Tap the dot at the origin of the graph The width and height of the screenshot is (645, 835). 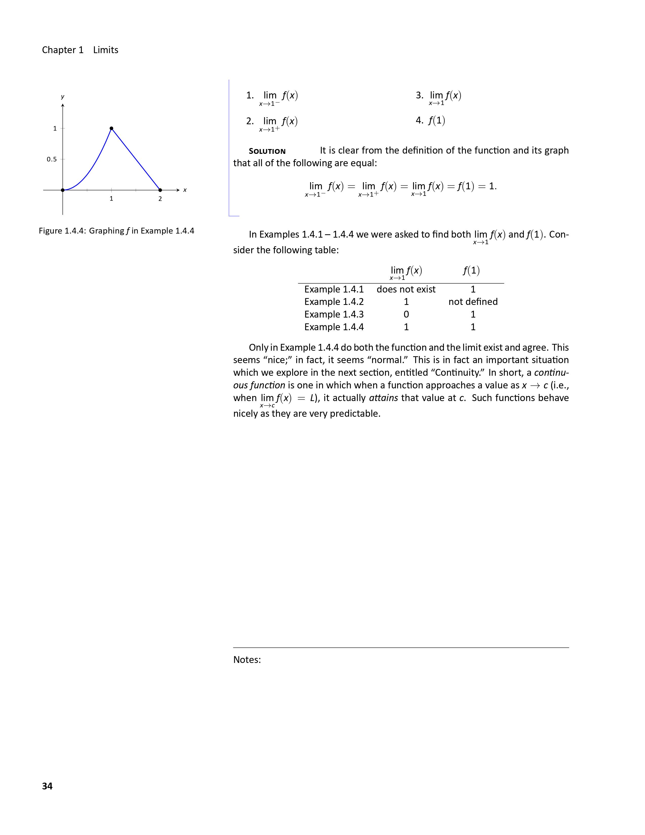click(63, 190)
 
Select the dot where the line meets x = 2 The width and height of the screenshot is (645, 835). click(160, 190)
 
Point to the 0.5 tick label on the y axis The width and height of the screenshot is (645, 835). click(52, 159)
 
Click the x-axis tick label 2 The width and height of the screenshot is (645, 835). click(160, 199)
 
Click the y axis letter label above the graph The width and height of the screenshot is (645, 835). click(63, 97)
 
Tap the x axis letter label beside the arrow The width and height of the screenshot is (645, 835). click(185, 190)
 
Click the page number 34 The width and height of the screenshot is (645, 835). click(47, 786)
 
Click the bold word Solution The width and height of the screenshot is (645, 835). click(267, 151)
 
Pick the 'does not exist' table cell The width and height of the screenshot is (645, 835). click(406, 289)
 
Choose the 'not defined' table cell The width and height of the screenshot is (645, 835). click(473, 302)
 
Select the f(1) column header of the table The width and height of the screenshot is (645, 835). click(471, 271)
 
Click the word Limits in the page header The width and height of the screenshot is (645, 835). click(106, 50)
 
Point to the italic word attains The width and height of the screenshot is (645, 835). click(383, 398)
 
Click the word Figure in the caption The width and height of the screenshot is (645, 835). click(50, 231)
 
